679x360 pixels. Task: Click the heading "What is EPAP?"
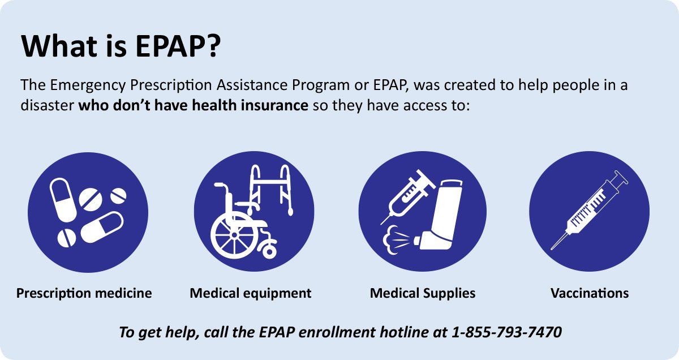point(121,46)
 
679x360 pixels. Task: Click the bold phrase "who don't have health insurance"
point(194,105)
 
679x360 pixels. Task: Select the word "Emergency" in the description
point(88,85)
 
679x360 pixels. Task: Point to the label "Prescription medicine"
point(84,293)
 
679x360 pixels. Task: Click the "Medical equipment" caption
point(250,293)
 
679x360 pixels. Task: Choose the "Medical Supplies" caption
point(423,293)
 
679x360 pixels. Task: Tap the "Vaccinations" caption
point(590,293)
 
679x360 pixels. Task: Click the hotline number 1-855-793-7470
point(506,332)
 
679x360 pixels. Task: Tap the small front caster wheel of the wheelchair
point(269,251)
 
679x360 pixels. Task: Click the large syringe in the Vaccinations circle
point(590,210)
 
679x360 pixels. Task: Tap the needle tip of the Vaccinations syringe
point(552,249)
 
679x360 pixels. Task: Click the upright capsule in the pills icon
point(63,200)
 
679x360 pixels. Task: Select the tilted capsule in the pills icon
point(102,227)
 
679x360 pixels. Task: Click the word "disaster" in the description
point(48,105)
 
